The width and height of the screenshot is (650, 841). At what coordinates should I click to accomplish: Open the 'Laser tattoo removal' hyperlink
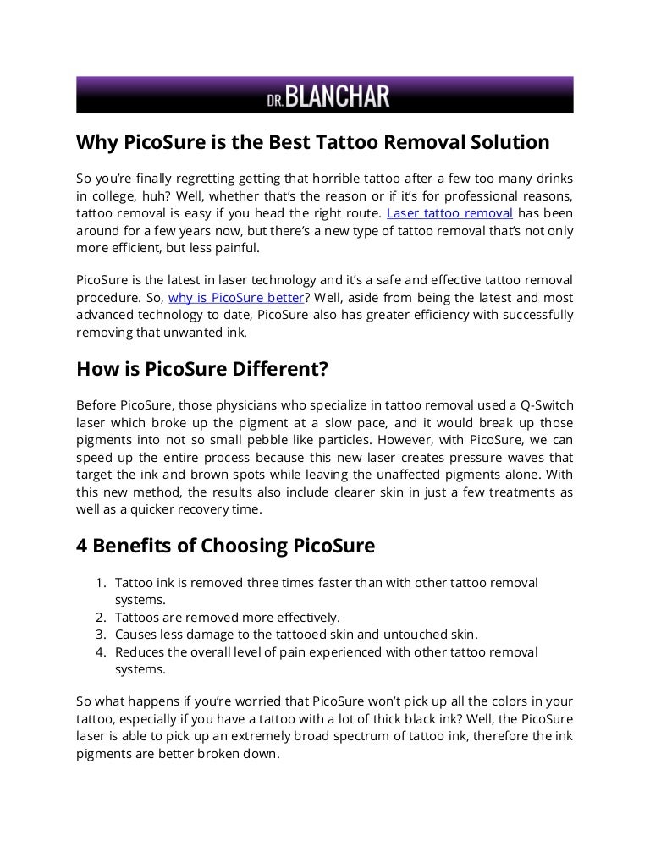pos(449,213)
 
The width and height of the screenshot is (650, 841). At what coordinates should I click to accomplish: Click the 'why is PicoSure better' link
pos(235,297)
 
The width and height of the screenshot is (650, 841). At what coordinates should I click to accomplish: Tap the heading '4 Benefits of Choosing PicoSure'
pos(225,546)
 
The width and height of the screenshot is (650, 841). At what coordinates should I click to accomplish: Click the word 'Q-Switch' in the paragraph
pos(543,405)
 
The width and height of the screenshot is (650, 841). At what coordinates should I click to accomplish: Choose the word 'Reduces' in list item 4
pos(139,651)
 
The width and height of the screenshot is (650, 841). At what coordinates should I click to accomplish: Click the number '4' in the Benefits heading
pos(83,546)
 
